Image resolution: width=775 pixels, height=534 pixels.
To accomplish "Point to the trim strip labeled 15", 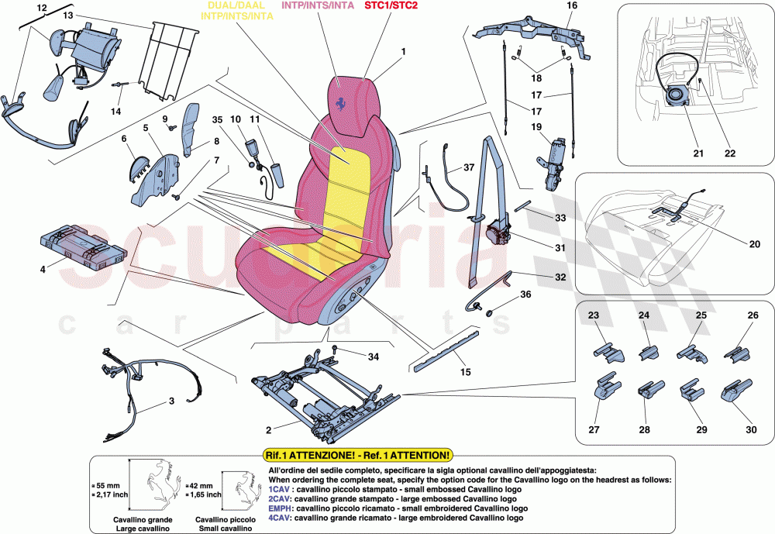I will (446, 350).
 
